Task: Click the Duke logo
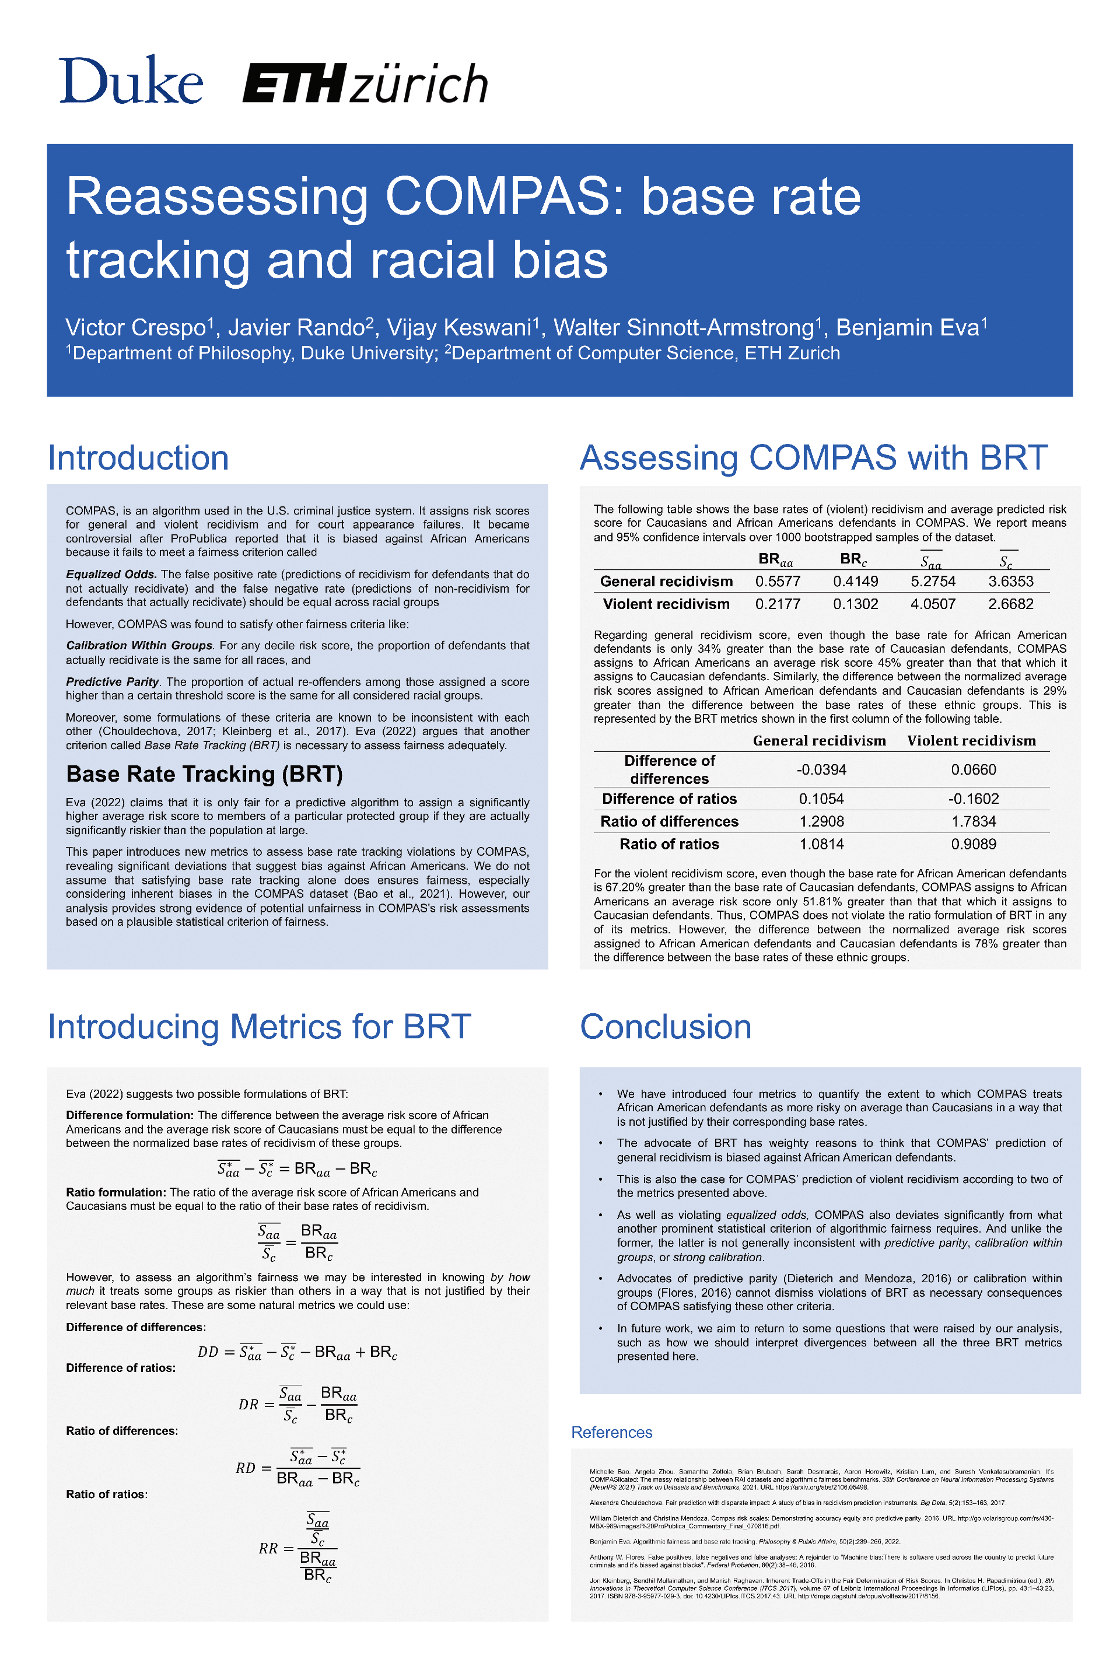[x=131, y=80]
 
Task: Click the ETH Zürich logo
[x=365, y=83]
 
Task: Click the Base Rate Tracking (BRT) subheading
[x=204, y=774]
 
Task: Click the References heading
[x=611, y=1432]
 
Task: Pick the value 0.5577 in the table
[x=777, y=582]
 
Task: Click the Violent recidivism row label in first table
[x=666, y=604]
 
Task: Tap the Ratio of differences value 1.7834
[x=973, y=821]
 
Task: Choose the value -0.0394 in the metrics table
[x=821, y=769]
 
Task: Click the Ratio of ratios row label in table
[x=668, y=844]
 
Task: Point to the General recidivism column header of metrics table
[x=818, y=741]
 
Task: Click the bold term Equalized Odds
[x=111, y=574]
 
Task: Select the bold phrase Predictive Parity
[x=113, y=681]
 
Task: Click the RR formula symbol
[x=268, y=1548]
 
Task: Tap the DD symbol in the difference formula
[x=208, y=1352]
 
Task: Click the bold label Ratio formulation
[x=115, y=1192]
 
